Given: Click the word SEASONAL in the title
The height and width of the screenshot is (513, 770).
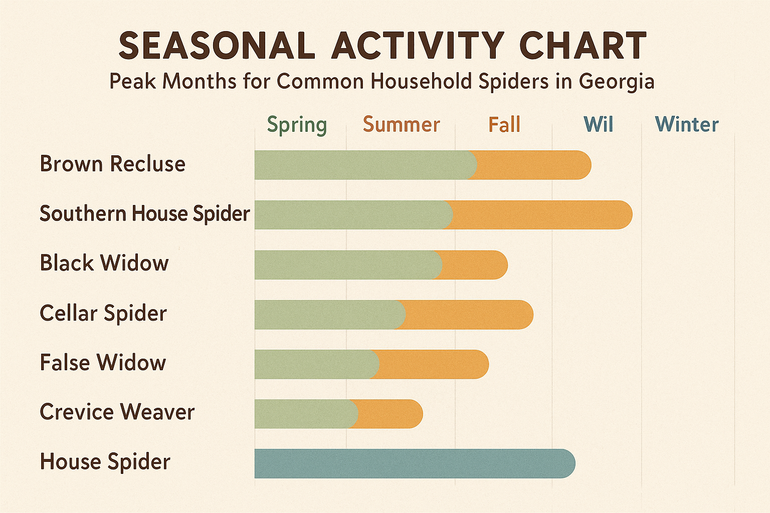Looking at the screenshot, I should (x=217, y=46).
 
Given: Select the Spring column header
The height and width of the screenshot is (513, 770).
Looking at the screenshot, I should (x=297, y=125).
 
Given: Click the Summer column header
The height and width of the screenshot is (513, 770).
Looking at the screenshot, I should (x=401, y=125).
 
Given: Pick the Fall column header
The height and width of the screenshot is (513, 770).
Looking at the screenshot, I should (x=504, y=125).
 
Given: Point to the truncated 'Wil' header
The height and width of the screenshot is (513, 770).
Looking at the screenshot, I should (x=598, y=125).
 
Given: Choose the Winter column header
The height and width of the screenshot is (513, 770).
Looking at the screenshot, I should (x=687, y=125).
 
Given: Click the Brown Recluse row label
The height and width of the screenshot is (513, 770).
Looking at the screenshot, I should (x=112, y=164).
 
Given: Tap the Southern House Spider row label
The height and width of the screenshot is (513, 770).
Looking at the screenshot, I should (x=144, y=214).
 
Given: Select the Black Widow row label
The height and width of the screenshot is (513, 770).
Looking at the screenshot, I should (x=104, y=264).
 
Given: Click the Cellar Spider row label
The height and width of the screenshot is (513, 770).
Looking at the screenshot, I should (x=103, y=314).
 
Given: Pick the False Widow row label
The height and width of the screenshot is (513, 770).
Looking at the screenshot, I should (x=102, y=363).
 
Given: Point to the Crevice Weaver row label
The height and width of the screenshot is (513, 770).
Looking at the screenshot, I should (x=117, y=412).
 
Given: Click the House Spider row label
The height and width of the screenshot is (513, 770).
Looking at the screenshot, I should (x=105, y=462).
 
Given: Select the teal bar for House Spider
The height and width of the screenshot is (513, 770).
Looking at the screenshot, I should (x=414, y=463).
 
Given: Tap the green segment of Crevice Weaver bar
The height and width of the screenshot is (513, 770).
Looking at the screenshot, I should (x=303, y=414).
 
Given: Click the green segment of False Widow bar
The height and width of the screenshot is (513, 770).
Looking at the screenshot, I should (x=315, y=364).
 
